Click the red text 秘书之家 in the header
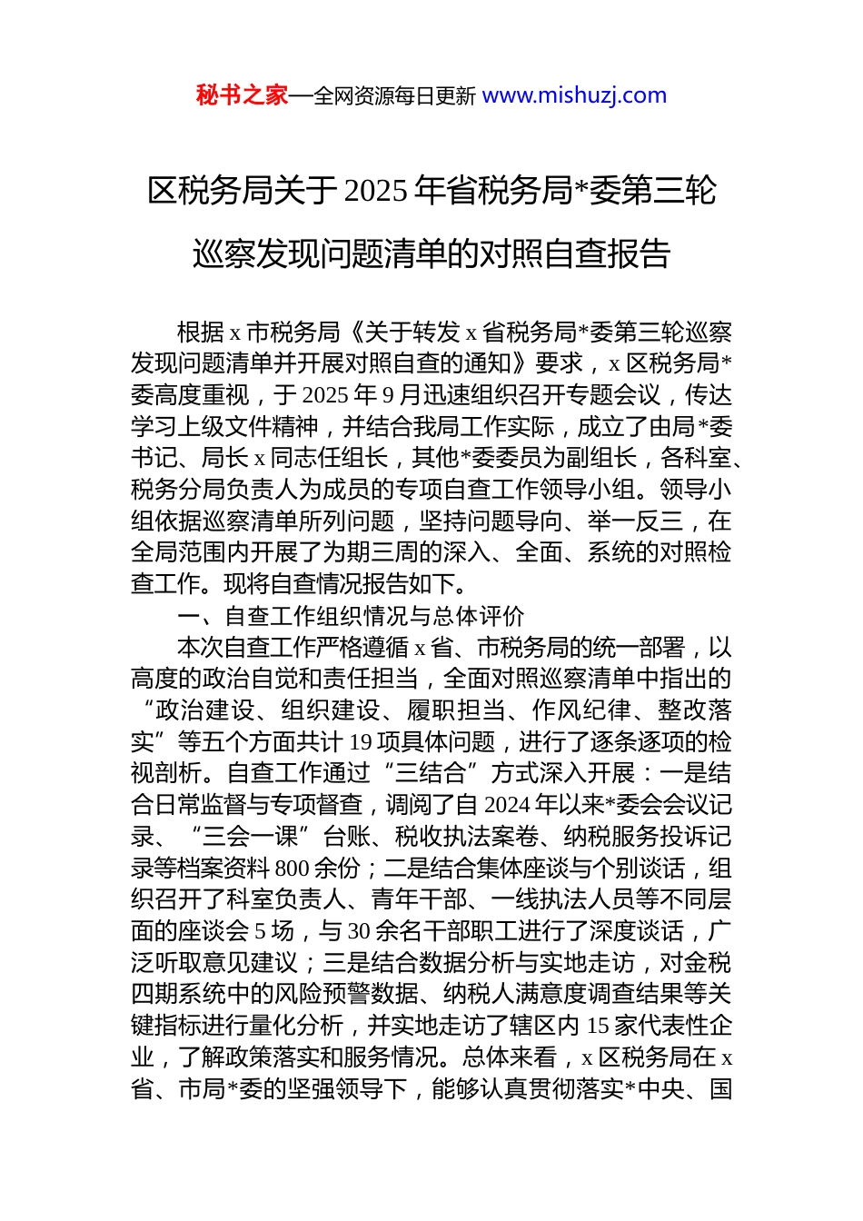pyautogui.click(x=242, y=95)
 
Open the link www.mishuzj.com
pyautogui.click(x=574, y=95)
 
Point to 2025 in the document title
pyautogui.click(x=376, y=191)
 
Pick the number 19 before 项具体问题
pyautogui.click(x=361, y=742)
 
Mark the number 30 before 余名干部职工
pyautogui.click(x=359, y=931)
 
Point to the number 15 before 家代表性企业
pyautogui.click(x=598, y=1026)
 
